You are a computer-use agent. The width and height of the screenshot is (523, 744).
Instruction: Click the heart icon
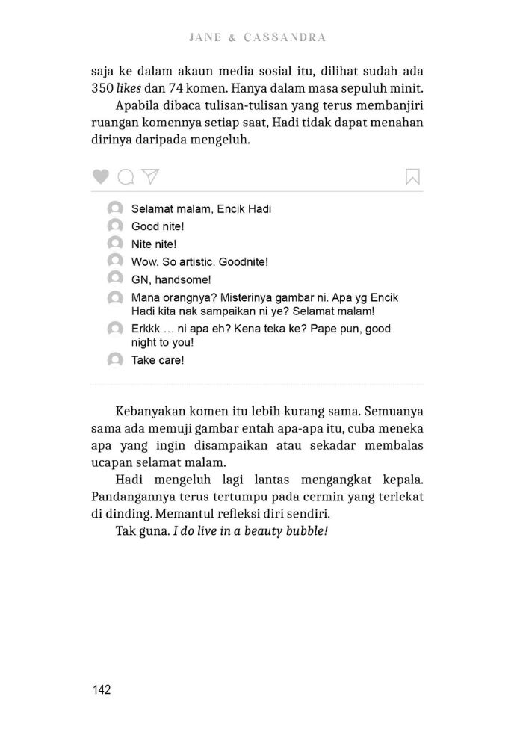pos(101,176)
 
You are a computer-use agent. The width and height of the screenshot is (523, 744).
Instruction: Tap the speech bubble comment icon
pos(126,176)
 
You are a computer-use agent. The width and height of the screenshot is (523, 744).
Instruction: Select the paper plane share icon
pos(151,176)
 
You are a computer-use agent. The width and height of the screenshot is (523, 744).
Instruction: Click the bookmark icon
pos(412,176)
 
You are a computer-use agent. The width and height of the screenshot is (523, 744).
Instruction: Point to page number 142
pos(101,689)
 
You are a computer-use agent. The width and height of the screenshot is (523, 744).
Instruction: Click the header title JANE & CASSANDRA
pos(259,37)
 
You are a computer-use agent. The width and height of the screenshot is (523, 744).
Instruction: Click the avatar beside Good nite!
pos(114,226)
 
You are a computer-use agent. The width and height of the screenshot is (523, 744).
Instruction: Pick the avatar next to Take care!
pos(114,359)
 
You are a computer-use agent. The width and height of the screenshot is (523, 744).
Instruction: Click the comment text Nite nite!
pos(154,244)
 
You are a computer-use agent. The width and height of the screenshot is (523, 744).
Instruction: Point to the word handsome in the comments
pos(176,280)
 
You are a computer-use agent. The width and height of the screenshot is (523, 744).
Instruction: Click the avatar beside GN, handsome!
pos(114,279)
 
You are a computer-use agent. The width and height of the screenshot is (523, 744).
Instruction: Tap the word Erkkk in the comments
pos(146,329)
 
